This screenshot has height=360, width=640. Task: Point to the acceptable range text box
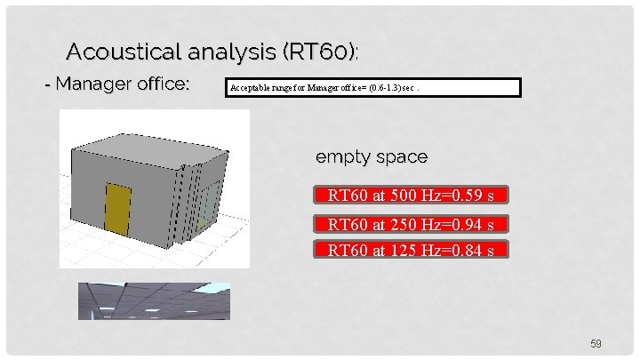[372, 88]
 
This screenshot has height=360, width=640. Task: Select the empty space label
[372, 157]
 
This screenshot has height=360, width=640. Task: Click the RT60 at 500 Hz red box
[411, 196]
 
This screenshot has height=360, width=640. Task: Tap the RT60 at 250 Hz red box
[411, 223]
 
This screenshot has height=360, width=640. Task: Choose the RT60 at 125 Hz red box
[411, 250]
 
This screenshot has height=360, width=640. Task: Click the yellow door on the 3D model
[118, 211]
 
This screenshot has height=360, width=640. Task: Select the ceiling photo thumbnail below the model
[154, 300]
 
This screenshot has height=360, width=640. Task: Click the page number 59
[596, 343]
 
